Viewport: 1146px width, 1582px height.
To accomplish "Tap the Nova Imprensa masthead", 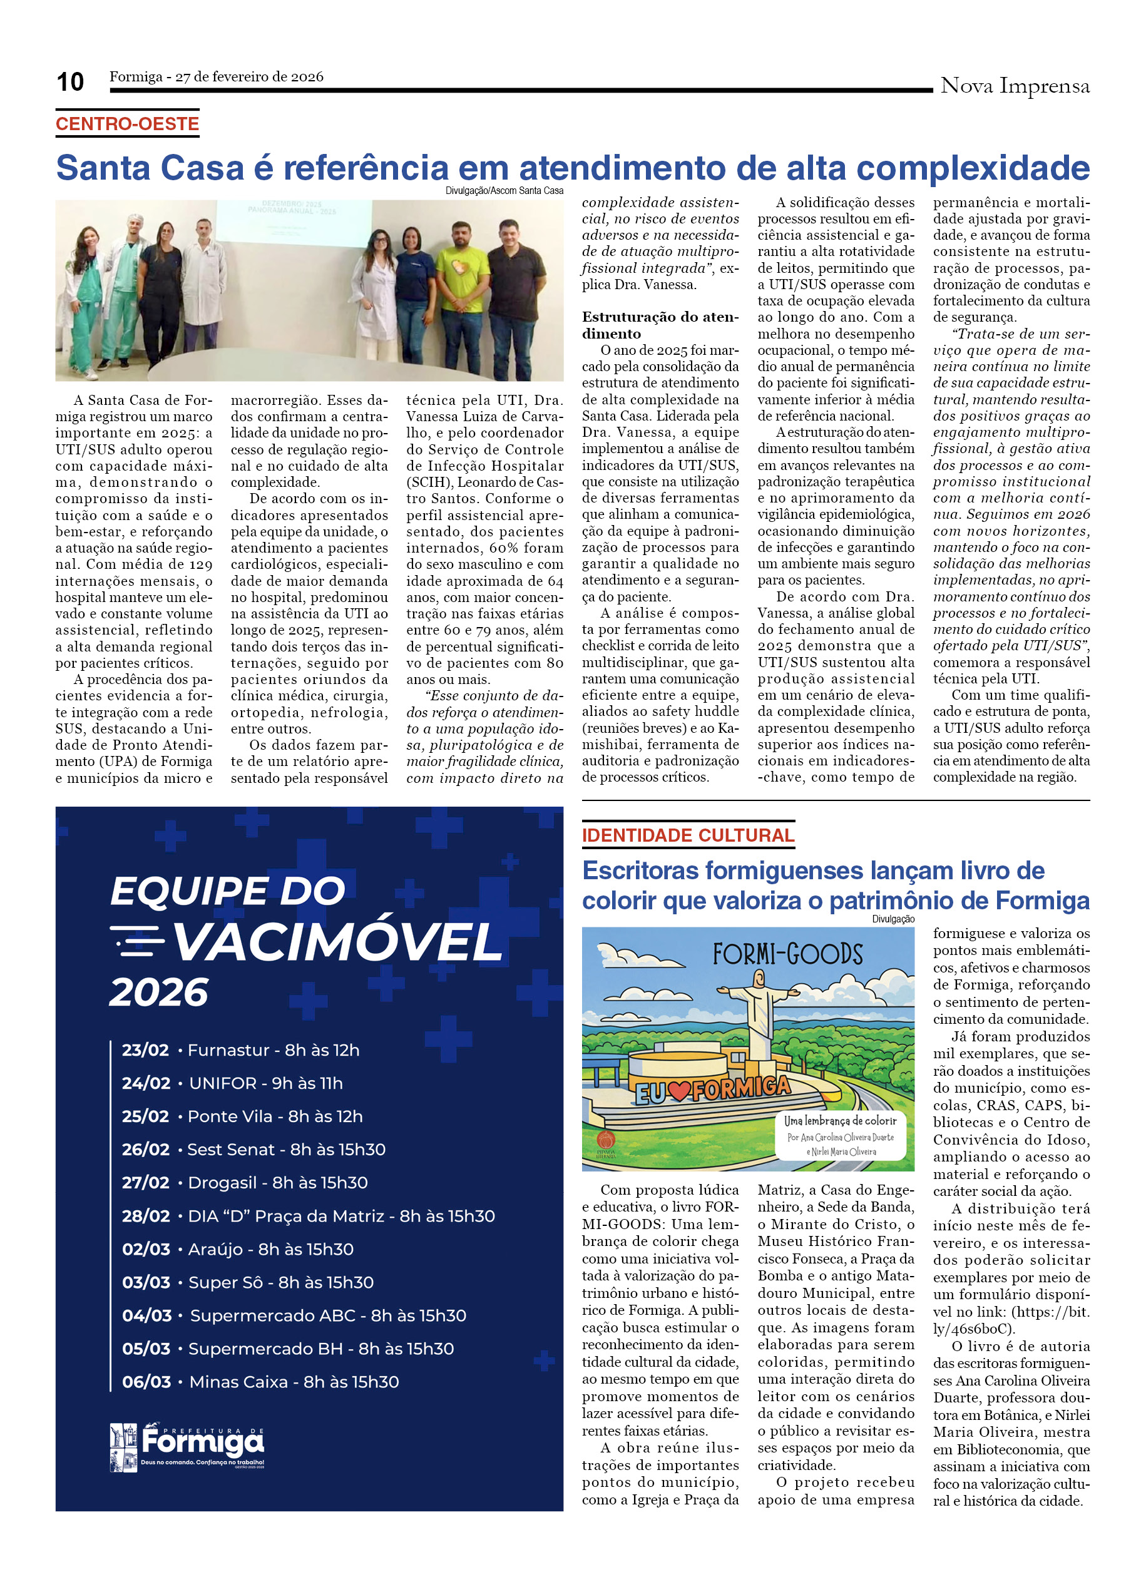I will coord(1014,86).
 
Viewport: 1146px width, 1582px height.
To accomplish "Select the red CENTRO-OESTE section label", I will coord(128,124).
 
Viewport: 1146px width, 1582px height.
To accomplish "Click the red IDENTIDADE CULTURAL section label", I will coord(688,835).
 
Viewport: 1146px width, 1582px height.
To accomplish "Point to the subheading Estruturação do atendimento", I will coord(660,325).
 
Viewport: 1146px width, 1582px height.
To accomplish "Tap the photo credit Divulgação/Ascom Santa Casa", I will coord(504,190).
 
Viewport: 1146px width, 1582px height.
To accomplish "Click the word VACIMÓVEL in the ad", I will coord(337,942).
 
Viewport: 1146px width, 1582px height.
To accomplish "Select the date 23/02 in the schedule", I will coord(145,1050).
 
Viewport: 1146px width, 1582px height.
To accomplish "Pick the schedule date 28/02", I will coord(146,1216).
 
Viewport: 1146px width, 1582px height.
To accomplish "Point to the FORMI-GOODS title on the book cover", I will coord(787,954).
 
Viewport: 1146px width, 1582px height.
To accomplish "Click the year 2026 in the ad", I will coord(159,992).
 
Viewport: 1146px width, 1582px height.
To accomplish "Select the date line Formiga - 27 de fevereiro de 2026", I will coord(216,77).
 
